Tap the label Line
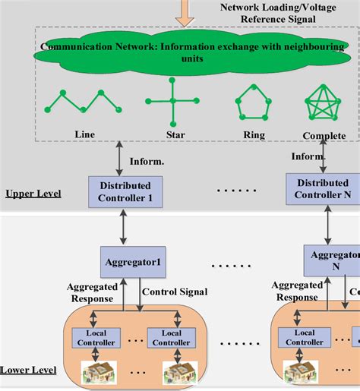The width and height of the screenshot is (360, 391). pos(85,134)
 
